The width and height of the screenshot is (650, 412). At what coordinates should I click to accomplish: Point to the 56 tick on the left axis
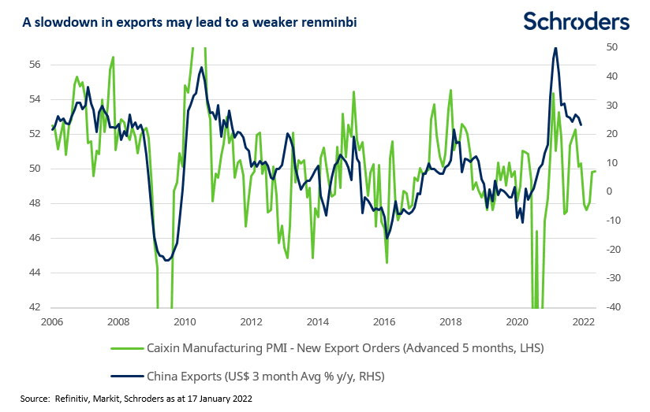[x=35, y=65]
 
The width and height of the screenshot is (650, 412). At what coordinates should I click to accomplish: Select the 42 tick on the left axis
[x=35, y=308]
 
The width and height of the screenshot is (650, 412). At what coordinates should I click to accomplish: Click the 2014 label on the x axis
[x=317, y=322]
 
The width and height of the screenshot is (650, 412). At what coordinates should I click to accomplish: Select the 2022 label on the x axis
[x=584, y=322]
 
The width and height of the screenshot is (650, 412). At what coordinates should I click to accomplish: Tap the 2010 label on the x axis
[x=184, y=322]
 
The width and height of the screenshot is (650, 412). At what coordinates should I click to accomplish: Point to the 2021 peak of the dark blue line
[x=556, y=48]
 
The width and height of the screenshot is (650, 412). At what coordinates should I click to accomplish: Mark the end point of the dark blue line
[x=581, y=124]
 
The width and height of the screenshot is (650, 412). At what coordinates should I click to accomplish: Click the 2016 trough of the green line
[x=387, y=262]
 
